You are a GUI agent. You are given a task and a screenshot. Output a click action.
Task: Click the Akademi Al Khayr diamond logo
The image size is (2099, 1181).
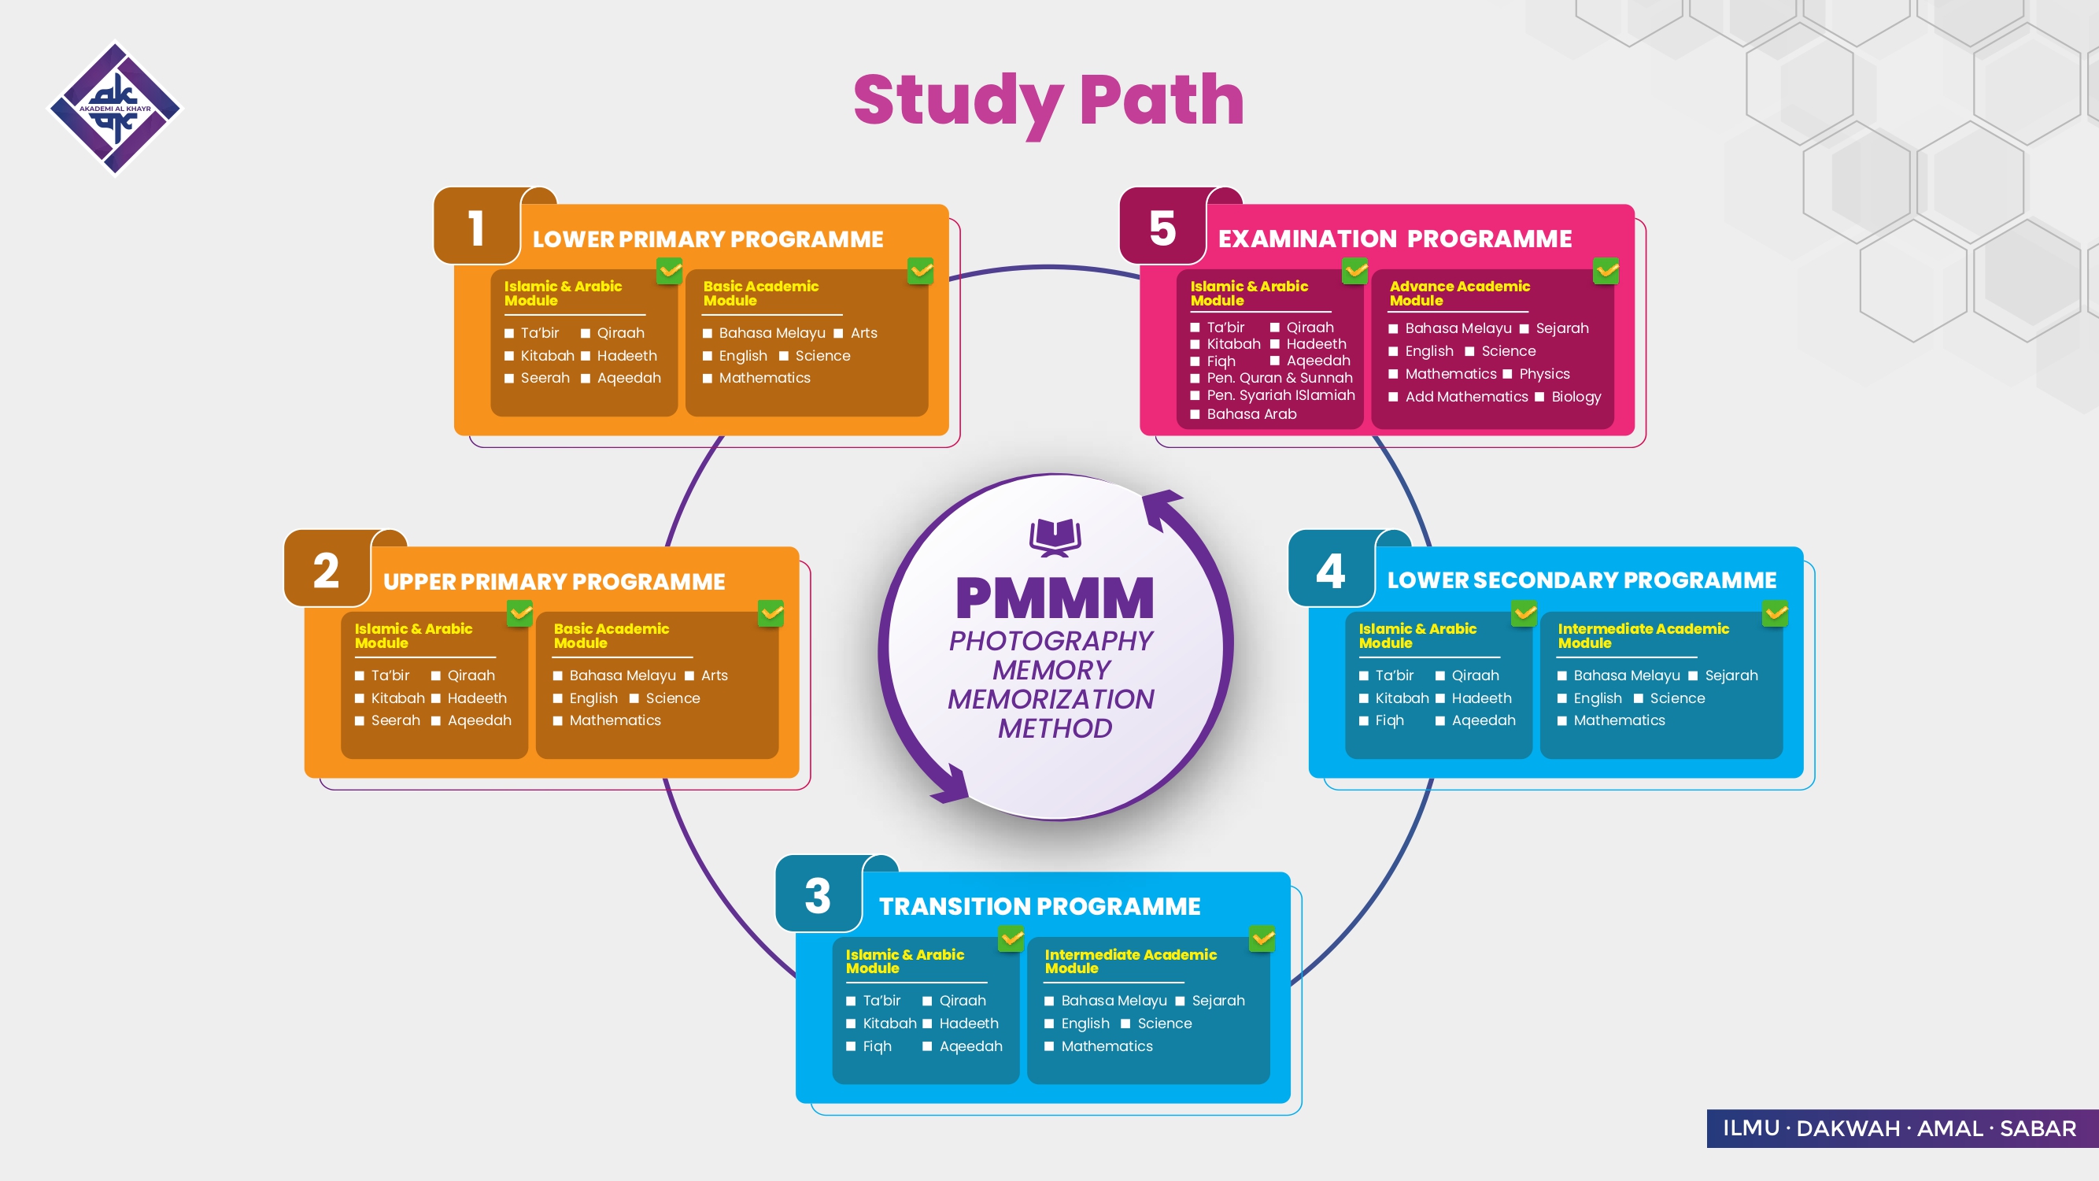click(x=115, y=109)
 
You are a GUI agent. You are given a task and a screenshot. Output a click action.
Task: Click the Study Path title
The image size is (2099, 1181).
click(x=1048, y=101)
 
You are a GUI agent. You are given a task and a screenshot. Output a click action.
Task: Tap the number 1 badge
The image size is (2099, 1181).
click(x=477, y=228)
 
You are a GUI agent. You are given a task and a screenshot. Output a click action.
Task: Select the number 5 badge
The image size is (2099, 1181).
click(x=1162, y=228)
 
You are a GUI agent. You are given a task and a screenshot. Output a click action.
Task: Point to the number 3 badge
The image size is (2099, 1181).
click(x=817, y=895)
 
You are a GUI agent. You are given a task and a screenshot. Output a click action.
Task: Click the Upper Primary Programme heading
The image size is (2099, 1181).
click(x=554, y=581)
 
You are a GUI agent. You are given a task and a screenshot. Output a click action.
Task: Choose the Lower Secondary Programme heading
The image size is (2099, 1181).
click(x=1582, y=579)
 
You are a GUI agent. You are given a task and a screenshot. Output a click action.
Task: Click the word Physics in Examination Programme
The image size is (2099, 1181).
click(x=1544, y=373)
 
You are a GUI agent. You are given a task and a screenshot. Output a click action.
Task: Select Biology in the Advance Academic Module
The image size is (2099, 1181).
click(x=1576, y=396)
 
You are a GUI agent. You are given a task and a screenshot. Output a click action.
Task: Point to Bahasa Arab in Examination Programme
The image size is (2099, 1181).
click(x=1251, y=414)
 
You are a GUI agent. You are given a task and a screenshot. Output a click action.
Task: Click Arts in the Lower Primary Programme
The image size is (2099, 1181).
click(x=863, y=332)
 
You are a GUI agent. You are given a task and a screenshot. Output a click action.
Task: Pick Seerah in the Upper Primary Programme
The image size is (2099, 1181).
click(x=395, y=720)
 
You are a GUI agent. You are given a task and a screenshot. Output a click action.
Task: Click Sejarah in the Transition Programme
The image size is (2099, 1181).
click(x=1218, y=1000)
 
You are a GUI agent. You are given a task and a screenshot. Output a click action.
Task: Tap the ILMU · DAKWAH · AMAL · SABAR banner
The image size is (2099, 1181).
click(x=1899, y=1128)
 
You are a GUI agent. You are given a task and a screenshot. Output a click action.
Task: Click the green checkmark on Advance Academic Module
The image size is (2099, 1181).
click(x=1606, y=271)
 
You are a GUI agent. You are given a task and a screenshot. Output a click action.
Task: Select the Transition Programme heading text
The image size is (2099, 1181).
click(x=1040, y=905)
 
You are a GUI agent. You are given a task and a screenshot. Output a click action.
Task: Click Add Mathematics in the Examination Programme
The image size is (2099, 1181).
click(x=1467, y=396)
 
